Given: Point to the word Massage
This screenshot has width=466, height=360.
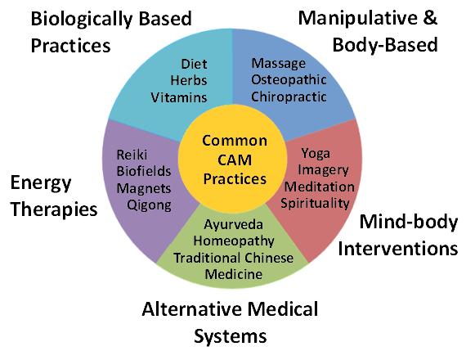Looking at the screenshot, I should click(278, 63).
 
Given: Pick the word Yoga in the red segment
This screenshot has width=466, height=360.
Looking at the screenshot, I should click(316, 153).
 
